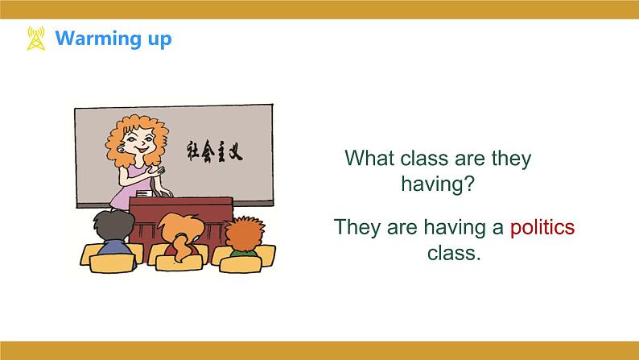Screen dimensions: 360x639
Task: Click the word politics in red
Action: [x=542, y=227]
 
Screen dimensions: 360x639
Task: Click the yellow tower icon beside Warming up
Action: [x=36, y=39]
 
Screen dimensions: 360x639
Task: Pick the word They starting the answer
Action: [x=359, y=227]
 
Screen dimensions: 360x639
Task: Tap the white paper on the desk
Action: [x=144, y=193]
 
